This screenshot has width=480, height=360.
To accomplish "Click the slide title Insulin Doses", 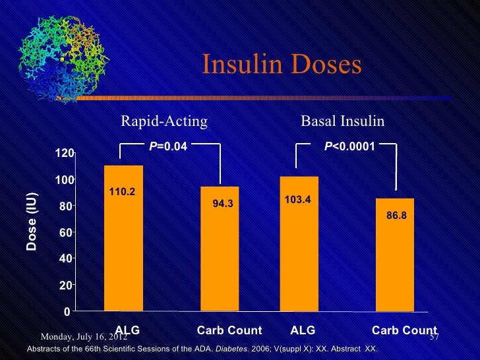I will (282, 65).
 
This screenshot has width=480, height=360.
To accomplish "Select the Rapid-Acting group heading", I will (164, 121).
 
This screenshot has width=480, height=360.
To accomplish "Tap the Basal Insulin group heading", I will (342, 121).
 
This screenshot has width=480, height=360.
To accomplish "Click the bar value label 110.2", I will (123, 192).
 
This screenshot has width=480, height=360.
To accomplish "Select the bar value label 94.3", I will (222, 204).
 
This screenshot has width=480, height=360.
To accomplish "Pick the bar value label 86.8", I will (396, 215).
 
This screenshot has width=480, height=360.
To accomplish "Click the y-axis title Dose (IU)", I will (32, 222).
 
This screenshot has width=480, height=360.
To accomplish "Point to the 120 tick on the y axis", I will (63, 154).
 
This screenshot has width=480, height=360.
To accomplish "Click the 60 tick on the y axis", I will (66, 233).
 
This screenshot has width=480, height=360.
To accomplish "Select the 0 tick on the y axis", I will (68, 311).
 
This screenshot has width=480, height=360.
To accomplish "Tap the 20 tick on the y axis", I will (66, 285).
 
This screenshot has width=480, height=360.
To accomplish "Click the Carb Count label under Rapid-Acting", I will (229, 330).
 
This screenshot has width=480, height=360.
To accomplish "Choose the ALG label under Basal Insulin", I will (303, 330).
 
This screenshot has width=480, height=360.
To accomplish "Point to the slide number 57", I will (434, 337).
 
